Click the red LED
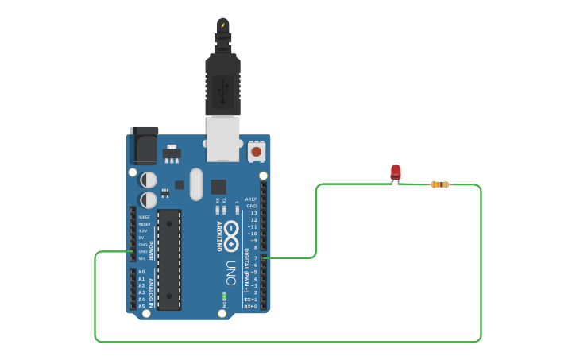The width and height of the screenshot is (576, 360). tap(396, 172)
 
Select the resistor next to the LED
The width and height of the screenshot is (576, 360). tap(439, 184)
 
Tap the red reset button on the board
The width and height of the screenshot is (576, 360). tap(257, 150)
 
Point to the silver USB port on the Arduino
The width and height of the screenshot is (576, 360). tap(222, 137)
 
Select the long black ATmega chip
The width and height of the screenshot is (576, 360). tap(169, 259)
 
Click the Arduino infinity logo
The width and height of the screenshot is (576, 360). tap(231, 235)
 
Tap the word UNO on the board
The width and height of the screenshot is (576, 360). tap(230, 273)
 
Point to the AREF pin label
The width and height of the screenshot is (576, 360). tap(251, 199)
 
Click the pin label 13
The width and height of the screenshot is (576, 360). tap(253, 213)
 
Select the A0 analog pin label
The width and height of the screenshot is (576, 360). tap(141, 272)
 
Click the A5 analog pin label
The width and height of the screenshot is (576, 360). tap(141, 306)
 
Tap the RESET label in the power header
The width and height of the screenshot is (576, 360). tap(144, 224)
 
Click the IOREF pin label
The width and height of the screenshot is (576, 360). tap(144, 217)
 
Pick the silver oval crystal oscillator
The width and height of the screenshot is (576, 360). tap(196, 184)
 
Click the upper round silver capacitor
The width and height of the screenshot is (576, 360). tap(149, 180)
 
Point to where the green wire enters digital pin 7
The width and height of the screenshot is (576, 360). tap(265, 257)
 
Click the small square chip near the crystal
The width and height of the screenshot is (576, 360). tap(218, 187)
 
